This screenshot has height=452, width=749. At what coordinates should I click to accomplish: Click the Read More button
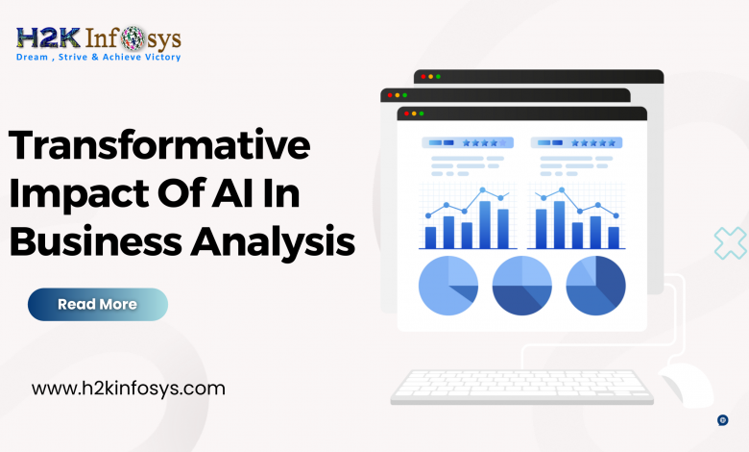click(x=98, y=304)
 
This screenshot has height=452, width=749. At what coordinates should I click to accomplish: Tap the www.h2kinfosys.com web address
click(x=128, y=389)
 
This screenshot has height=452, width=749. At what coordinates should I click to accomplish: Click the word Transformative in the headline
click(x=159, y=144)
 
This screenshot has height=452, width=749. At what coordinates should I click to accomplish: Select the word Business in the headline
click(x=95, y=240)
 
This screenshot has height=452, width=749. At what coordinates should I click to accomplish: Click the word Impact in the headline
click(x=79, y=194)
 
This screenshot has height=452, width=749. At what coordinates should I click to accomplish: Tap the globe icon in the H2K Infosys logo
click(x=133, y=38)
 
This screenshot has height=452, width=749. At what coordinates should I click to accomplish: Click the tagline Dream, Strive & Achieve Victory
click(x=98, y=57)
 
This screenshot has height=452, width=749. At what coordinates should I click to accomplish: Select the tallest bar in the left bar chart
click(x=485, y=225)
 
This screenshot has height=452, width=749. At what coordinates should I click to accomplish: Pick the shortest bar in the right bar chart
click(x=614, y=238)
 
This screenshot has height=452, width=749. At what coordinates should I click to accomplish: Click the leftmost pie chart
click(x=448, y=286)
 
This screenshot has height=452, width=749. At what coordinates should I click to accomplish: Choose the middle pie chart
click(x=522, y=286)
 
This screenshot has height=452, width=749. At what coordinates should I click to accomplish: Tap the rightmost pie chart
click(x=595, y=286)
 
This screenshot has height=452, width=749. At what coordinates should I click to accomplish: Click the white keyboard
click(x=522, y=388)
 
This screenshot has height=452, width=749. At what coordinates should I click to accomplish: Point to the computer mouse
click(x=686, y=384)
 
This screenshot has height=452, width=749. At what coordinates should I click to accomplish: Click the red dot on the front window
click(x=406, y=113)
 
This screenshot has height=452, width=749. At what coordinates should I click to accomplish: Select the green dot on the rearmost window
click(x=438, y=77)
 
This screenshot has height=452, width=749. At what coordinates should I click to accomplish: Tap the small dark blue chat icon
click(x=723, y=420)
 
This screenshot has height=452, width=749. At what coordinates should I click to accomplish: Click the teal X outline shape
click(x=731, y=243)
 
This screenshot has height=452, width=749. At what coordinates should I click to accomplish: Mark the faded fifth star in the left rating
click(x=503, y=143)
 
